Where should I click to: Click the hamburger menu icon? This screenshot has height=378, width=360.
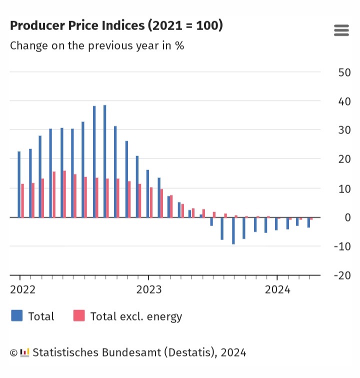click(341, 30)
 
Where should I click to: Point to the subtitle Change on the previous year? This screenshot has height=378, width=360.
click(97, 45)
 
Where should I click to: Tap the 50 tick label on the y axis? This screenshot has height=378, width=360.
click(344, 72)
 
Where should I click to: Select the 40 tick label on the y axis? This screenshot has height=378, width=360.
click(344, 101)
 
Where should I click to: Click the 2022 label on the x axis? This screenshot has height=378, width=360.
click(23, 289)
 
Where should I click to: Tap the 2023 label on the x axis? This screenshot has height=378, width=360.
click(149, 289)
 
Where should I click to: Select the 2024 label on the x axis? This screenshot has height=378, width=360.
click(277, 289)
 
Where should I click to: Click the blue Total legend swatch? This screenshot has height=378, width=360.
click(16, 315)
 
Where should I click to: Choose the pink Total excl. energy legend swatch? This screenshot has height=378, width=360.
click(79, 315)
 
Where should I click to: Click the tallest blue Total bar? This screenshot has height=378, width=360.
click(104, 161)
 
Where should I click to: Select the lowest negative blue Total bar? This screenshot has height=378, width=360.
click(233, 230)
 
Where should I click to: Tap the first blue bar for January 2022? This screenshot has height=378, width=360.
click(19, 184)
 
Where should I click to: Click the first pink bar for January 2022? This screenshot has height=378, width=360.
click(22, 200)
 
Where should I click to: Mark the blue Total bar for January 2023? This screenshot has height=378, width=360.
click(147, 193)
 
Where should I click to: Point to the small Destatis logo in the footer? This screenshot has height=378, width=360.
click(25, 352)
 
